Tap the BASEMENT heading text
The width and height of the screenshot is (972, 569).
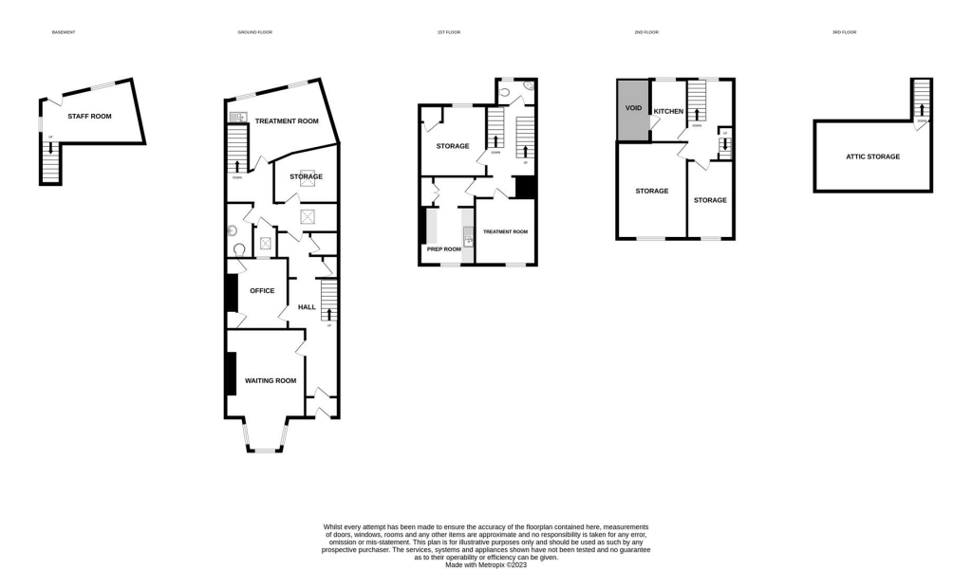click(x=63, y=32)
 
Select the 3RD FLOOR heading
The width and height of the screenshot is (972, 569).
click(x=844, y=32)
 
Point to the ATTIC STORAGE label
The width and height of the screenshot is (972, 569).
click(x=872, y=156)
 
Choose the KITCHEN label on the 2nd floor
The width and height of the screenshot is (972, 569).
click(x=668, y=112)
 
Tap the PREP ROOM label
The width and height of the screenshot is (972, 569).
click(x=443, y=249)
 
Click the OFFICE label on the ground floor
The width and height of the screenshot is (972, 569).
click(x=261, y=290)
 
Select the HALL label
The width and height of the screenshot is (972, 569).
click(x=307, y=307)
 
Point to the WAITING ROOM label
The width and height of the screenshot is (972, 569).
click(x=271, y=380)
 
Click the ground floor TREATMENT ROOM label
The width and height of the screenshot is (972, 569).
click(x=287, y=121)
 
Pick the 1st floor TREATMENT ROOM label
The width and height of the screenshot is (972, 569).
click(x=505, y=232)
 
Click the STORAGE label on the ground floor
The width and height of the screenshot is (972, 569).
click(x=306, y=176)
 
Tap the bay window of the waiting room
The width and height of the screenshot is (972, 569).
click(x=264, y=438)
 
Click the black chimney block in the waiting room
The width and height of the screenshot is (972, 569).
click(x=230, y=373)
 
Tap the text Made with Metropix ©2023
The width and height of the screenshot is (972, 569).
click(x=486, y=564)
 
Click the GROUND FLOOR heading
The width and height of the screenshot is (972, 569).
click(x=254, y=32)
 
